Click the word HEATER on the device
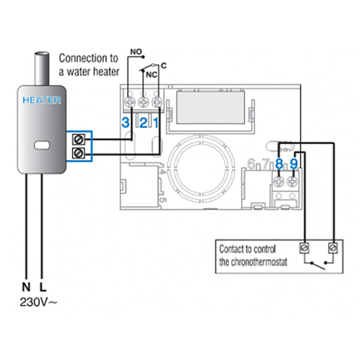(41, 100)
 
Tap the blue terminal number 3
(125, 123)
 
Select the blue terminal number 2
(143, 123)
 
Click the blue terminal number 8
(279, 163)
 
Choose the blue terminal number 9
(294, 163)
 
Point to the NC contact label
(152, 75)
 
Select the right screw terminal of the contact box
(332, 247)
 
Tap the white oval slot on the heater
(42, 145)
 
